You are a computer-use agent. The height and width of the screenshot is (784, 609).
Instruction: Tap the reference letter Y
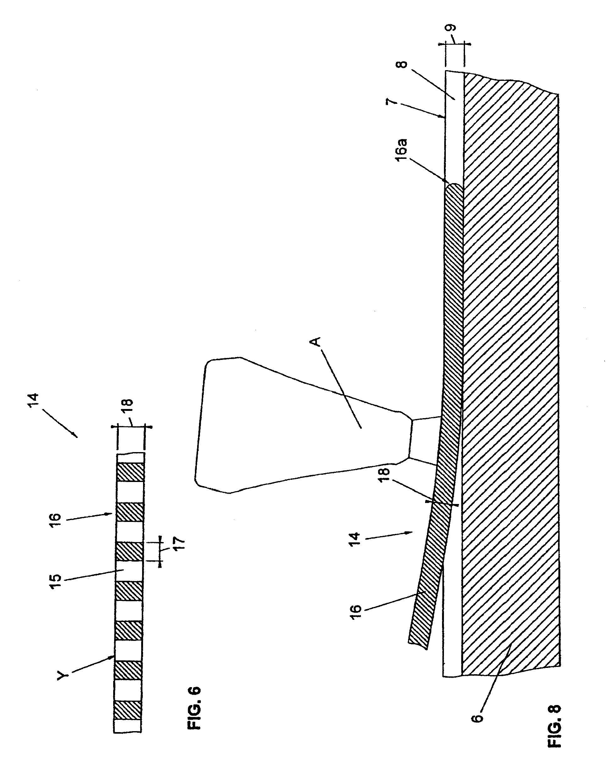point(63,675)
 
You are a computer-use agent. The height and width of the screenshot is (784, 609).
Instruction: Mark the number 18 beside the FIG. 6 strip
point(128,407)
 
